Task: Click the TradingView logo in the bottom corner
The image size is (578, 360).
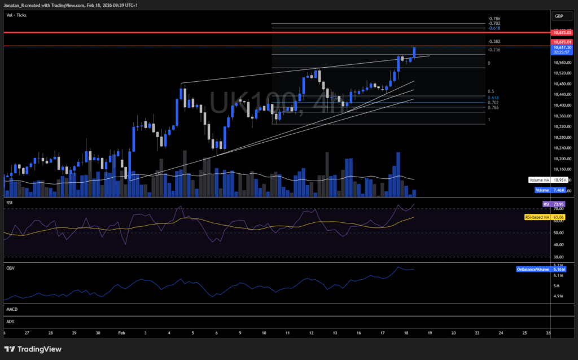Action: (x=34, y=348)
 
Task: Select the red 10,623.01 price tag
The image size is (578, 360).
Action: (x=563, y=42)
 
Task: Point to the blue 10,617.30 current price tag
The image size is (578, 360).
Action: (x=563, y=48)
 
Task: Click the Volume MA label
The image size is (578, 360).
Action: (x=540, y=180)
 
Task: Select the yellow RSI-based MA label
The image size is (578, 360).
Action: (x=537, y=217)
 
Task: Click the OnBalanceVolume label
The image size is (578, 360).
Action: (x=533, y=270)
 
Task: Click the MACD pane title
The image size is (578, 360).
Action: (x=11, y=310)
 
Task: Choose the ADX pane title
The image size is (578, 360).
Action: (x=10, y=322)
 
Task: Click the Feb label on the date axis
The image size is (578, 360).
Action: (x=121, y=333)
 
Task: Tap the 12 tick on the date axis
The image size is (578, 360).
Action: (x=312, y=333)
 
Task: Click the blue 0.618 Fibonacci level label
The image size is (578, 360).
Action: (x=493, y=97)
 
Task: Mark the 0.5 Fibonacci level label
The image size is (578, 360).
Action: (x=491, y=91)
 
